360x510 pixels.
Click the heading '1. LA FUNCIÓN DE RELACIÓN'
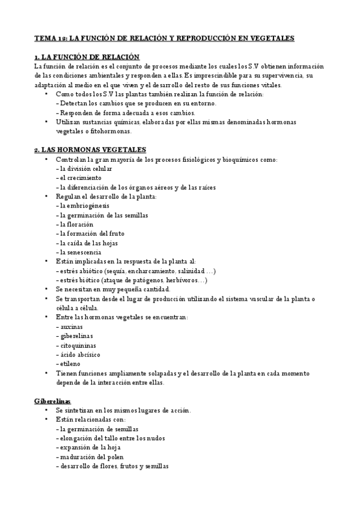(79, 57)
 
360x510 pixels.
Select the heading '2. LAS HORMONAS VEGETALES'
(81, 149)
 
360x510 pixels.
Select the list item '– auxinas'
(69, 326)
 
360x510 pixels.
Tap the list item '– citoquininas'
(76, 345)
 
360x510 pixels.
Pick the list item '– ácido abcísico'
(78, 354)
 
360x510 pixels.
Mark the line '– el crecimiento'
(78, 178)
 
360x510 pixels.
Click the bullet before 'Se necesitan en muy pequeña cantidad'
(46, 289)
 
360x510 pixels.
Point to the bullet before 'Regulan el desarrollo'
(46, 197)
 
